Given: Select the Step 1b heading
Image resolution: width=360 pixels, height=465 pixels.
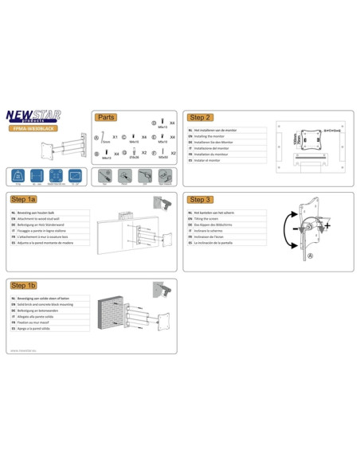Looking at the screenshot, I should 25,283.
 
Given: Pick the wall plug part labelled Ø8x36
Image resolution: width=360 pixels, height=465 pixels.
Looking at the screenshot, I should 135,151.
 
